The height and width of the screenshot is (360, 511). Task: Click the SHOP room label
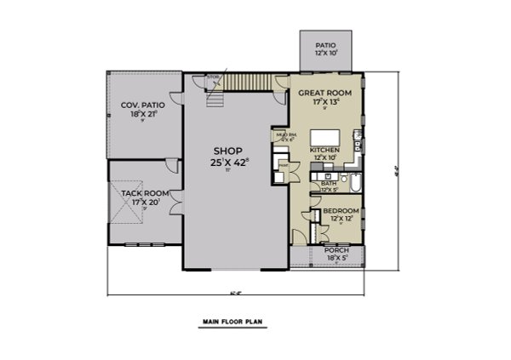click(228, 151)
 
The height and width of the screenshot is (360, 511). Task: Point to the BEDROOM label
click(340, 210)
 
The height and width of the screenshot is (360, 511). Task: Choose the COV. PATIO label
click(146, 102)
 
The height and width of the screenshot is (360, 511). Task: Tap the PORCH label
click(336, 250)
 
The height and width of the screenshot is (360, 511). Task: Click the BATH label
click(327, 183)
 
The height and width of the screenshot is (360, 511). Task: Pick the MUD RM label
click(284, 135)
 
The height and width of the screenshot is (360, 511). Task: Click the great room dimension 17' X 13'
click(326, 101)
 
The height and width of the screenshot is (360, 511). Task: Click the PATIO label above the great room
click(325, 45)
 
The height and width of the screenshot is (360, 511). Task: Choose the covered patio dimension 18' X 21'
click(146, 112)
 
